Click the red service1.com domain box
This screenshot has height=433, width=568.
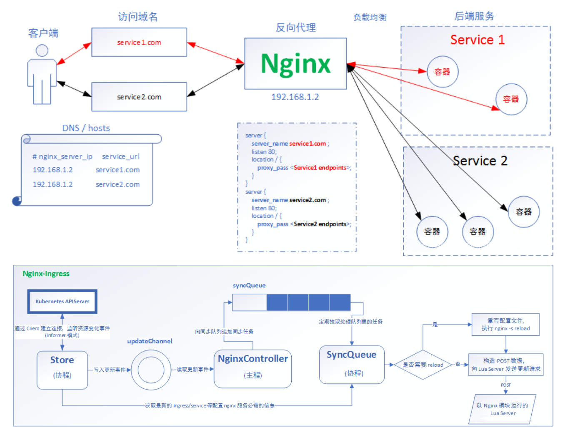pos(139,42)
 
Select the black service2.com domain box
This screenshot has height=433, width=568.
pos(139,97)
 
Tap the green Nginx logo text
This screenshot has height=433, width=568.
pos(295,64)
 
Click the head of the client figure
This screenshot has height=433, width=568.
pos(42,50)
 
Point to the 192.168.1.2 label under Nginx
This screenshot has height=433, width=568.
pos(295,97)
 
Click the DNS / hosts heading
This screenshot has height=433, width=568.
pos(86,128)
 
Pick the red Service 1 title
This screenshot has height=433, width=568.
pos(478,40)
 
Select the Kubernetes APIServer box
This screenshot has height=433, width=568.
pos(63,302)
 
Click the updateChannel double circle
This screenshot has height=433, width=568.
pos(151,370)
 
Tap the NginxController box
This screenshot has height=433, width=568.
pos(253,369)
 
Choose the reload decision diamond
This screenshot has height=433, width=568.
pos(423,365)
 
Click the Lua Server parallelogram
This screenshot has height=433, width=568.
pos(503,409)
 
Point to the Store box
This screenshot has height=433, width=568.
pos(62,370)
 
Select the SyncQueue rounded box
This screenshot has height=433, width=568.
pos(352,365)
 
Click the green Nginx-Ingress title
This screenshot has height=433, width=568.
pos(46,274)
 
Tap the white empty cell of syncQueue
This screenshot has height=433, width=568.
pos(250,302)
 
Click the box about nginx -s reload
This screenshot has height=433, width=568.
pos(505,325)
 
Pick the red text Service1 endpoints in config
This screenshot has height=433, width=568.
pos(320,168)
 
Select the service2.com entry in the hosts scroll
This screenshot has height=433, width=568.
pos(118,184)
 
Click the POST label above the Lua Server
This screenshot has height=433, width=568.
pos(505,385)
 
